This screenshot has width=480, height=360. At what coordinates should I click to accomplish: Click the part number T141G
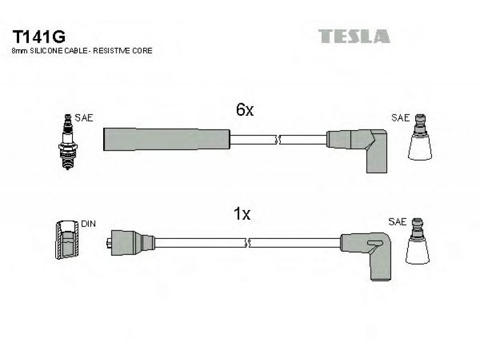[x=38, y=37]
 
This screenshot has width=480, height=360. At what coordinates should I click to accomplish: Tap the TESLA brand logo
[x=354, y=36]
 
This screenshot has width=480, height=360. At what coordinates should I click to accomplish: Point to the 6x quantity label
[x=245, y=110]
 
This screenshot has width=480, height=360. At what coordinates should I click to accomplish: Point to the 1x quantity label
[x=242, y=214]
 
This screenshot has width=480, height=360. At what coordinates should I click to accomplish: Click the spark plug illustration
[x=68, y=142]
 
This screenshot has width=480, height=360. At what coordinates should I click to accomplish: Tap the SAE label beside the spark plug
[x=83, y=118]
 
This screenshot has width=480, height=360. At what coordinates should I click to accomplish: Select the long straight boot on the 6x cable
[x=167, y=139]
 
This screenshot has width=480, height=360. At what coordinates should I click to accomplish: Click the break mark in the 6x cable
[x=278, y=140]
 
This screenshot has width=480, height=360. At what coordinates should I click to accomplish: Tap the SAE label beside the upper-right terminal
[x=400, y=118]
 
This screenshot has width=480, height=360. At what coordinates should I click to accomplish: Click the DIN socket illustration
[x=67, y=239]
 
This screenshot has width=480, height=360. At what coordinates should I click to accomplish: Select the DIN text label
[x=88, y=224]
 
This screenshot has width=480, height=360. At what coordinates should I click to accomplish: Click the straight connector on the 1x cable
[x=131, y=242]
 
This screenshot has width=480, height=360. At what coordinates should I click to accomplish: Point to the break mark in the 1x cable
[x=248, y=243]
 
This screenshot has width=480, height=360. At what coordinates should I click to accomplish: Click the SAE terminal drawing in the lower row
[x=417, y=241]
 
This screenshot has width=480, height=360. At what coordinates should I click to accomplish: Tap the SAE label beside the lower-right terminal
[x=397, y=221]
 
